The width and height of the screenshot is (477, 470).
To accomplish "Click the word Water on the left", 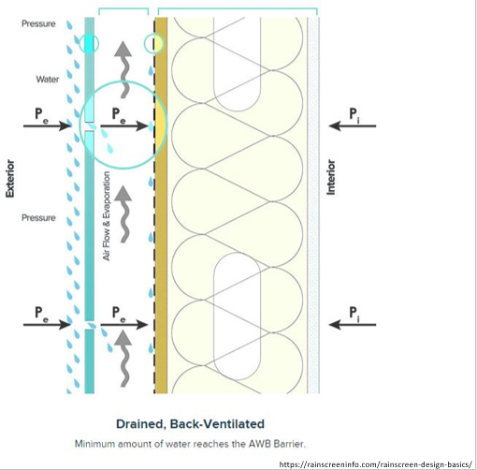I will coord(48,80).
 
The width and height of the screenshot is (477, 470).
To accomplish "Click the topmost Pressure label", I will coord(38,22).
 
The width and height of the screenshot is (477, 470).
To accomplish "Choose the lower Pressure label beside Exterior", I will coord(38,217).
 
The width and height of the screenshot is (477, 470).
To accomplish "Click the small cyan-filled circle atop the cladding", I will coord(89,43).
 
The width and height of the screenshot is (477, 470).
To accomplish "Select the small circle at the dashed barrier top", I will coord(152,43).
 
